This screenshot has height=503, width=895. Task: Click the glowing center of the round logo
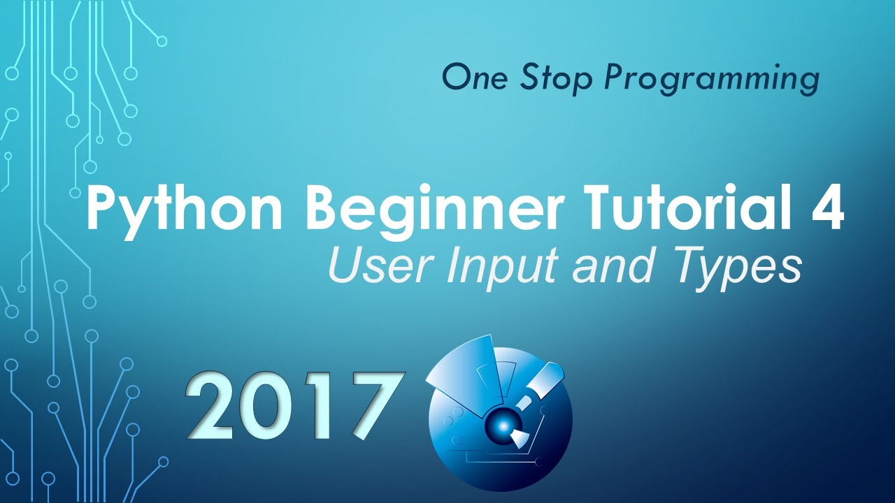pos(501,423)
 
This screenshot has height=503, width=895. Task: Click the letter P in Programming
pos(613,78)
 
